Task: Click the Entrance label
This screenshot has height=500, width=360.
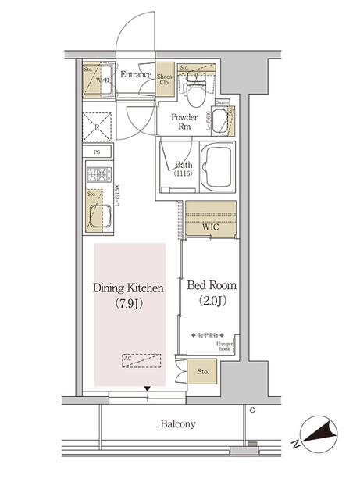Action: pos(136,76)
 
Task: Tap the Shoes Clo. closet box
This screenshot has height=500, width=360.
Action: pos(165,80)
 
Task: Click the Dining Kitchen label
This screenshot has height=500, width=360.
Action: pos(128,288)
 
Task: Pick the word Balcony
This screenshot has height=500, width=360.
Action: pos(178,424)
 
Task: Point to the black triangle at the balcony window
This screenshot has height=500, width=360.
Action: pos(148,389)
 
